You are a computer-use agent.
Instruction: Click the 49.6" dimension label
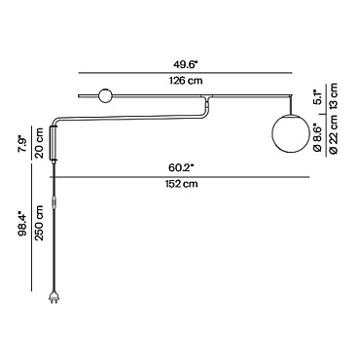(185, 64)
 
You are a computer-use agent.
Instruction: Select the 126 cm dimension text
(186, 81)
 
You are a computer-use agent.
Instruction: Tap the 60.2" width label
(181, 168)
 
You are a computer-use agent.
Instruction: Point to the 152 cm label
(181, 184)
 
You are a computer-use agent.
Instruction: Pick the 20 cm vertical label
(39, 143)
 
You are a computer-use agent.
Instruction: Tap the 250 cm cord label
(39, 223)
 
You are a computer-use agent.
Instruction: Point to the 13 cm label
(334, 95)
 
